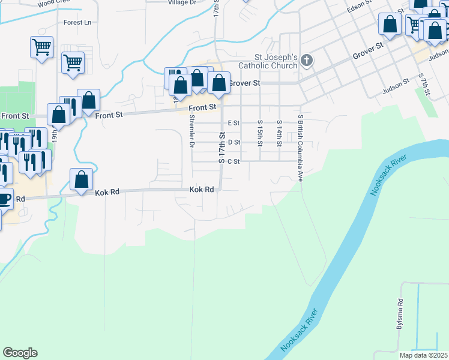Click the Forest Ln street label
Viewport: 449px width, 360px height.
point(78,23)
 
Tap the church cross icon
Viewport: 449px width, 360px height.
point(307,60)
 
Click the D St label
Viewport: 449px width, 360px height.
point(234,142)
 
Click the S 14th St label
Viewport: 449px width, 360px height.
point(280,133)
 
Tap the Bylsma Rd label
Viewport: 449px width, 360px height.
point(400,314)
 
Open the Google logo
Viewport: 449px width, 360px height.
point(20,353)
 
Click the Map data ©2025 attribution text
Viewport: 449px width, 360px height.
point(423,355)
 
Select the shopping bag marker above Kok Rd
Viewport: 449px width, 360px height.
point(82,179)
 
